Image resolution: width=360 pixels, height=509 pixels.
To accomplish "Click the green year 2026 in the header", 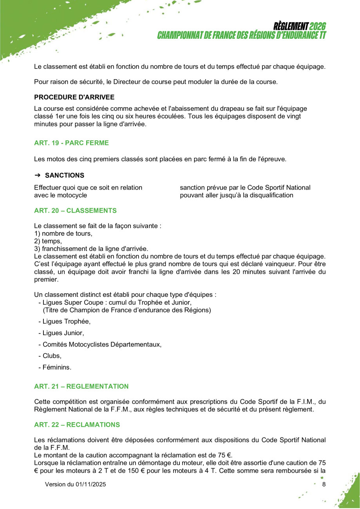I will [x=317, y=27].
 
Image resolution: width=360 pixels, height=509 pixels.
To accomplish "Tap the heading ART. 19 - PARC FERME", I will [x=71, y=143].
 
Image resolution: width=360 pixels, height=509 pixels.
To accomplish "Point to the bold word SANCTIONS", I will [x=65, y=175].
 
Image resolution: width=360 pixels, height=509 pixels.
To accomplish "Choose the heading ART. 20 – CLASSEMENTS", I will [x=75, y=211].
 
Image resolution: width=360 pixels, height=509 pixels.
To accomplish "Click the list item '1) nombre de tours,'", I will [x=63, y=234].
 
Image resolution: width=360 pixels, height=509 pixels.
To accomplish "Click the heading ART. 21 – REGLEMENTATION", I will [x=81, y=386].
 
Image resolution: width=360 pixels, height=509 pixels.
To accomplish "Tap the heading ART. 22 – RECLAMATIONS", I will [x=77, y=425].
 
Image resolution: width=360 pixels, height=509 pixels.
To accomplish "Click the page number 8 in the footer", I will [x=324, y=484].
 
